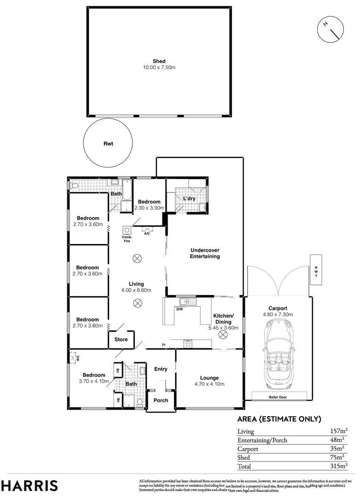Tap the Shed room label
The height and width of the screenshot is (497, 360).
coord(159,61)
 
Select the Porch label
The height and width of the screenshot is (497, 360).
coord(161,400)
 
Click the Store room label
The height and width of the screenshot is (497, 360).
coord(121,340)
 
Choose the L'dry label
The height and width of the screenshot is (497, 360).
coord(190,198)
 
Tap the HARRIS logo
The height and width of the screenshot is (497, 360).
coord(29,485)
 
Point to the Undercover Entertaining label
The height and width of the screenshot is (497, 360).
coord(205,254)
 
